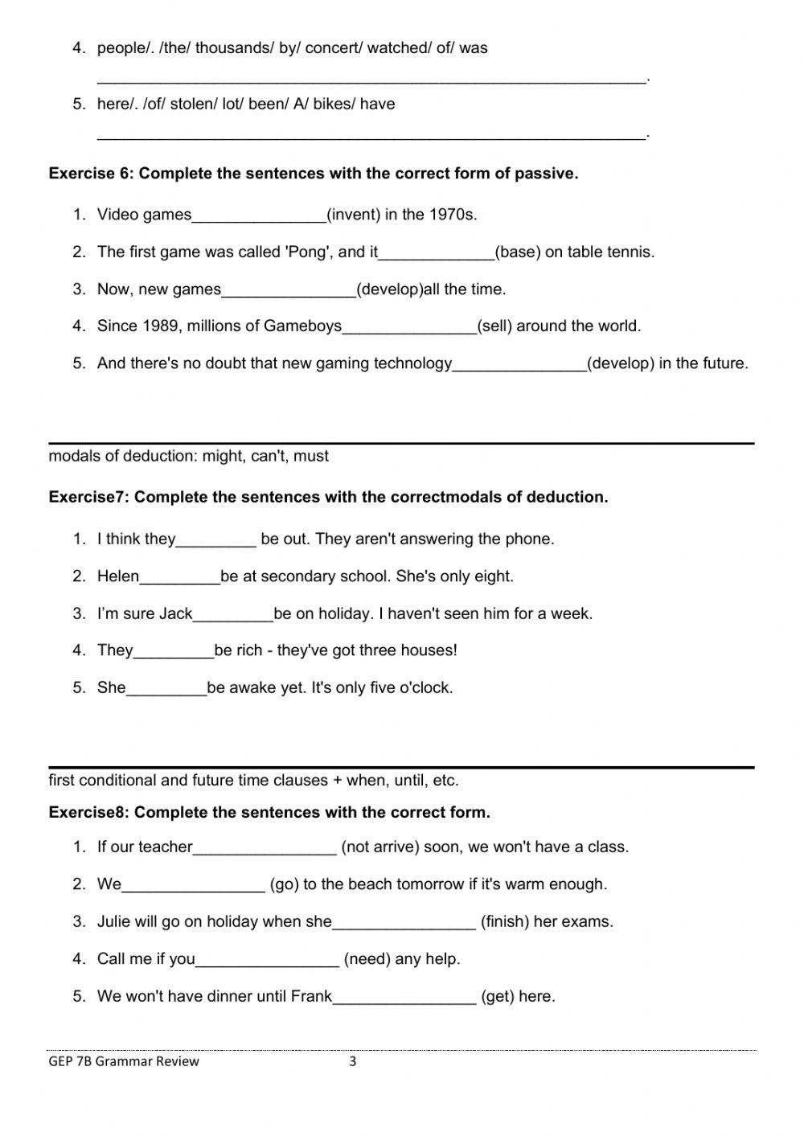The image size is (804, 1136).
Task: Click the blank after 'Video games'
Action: point(259,215)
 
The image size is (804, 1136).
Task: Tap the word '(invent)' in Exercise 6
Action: point(354,215)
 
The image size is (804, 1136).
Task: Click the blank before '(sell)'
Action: point(409,326)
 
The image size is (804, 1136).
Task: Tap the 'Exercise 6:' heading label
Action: point(92,173)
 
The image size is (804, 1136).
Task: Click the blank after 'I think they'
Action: point(215,539)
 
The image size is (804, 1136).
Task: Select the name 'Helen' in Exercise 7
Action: point(118,576)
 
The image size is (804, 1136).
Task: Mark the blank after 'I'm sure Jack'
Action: point(233,614)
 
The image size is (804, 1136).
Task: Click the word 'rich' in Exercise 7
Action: point(249,650)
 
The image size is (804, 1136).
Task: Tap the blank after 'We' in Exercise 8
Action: point(193,884)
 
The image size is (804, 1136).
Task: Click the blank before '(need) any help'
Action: point(267,959)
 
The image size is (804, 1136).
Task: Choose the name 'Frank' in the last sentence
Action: point(311,996)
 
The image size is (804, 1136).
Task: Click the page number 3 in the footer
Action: point(352,1061)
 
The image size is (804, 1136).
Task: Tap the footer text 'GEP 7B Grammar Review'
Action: point(124,1061)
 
